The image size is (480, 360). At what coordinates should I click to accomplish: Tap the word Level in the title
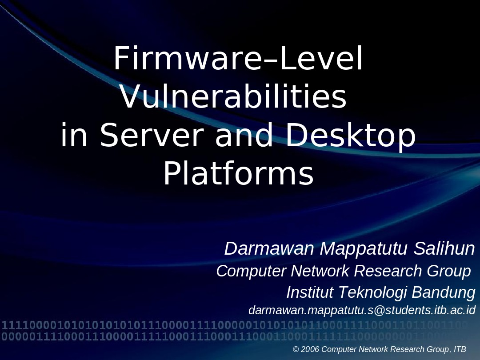(x=324, y=60)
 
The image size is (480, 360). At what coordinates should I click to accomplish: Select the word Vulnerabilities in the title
(x=233, y=98)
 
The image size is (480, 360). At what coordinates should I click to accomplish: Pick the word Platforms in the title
(x=239, y=174)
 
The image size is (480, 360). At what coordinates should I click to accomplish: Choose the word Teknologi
(x=373, y=292)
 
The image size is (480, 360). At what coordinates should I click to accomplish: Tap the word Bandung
(x=444, y=292)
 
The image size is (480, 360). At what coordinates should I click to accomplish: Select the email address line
(x=362, y=310)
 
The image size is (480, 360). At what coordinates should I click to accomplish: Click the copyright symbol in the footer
(x=296, y=349)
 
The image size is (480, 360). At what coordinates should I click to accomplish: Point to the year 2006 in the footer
(x=310, y=349)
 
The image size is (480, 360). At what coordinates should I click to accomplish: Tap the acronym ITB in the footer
(x=460, y=349)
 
